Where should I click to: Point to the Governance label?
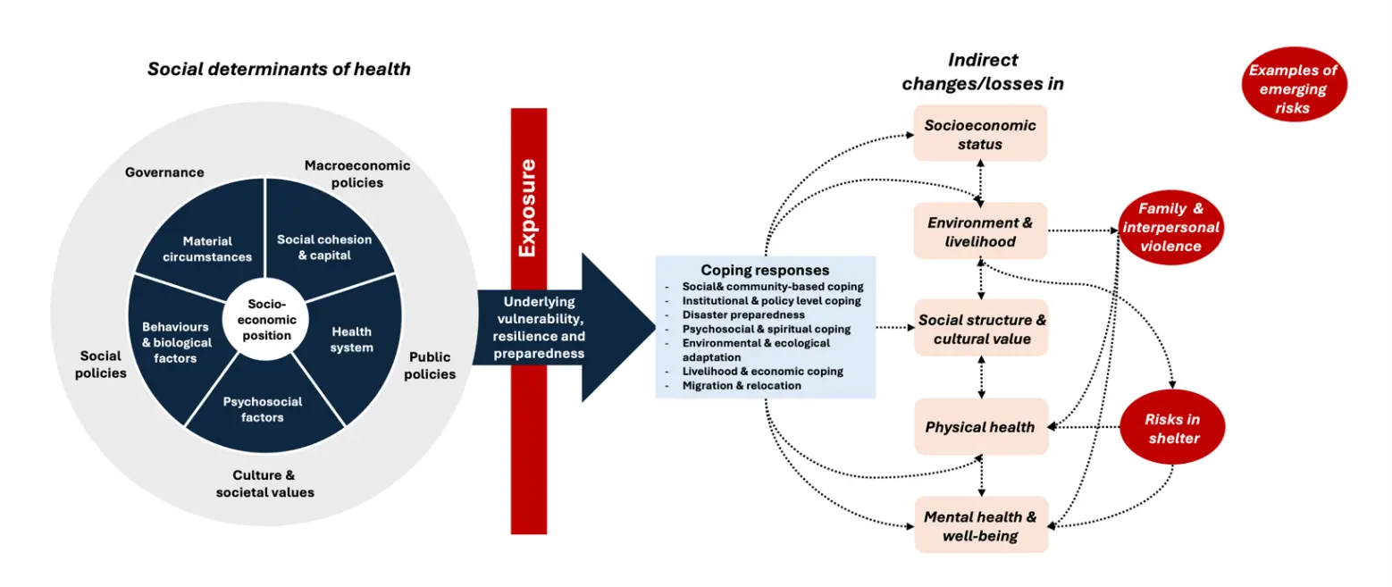coord(164,172)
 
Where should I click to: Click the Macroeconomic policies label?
coord(356,173)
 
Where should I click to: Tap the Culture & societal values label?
coord(264,483)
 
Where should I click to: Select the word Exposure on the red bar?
coord(528,207)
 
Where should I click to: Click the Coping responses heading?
coord(765,270)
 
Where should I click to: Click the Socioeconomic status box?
coord(980,134)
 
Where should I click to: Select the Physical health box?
coord(980,427)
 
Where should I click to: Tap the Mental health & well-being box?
coord(980,525)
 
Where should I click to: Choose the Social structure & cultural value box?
coord(980,329)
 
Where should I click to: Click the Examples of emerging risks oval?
coord(1293,88)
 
